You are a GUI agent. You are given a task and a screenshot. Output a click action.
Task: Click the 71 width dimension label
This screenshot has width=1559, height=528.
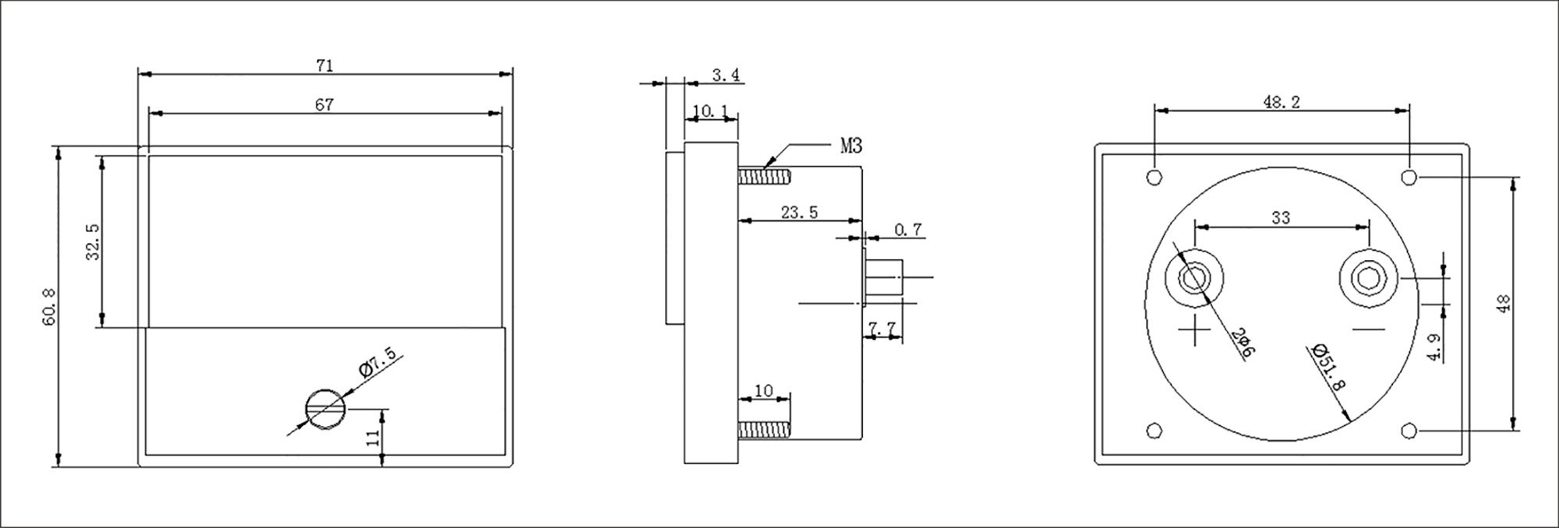coord(325,66)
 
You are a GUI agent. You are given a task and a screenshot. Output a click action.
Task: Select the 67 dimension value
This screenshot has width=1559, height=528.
coord(325,104)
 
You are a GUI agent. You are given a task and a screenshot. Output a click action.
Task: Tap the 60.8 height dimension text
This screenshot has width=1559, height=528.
coord(49,305)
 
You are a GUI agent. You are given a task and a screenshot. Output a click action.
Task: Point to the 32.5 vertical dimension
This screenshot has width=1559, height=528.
coord(94,241)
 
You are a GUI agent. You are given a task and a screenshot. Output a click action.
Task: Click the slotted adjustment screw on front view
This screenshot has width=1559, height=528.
coord(326,408)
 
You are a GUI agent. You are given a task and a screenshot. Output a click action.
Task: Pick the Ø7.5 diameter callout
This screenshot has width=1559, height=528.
coord(377,363)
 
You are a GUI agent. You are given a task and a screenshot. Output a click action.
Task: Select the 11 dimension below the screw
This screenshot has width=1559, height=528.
coord(375,437)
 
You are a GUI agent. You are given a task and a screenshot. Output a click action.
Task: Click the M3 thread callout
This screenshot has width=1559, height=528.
coord(851,146)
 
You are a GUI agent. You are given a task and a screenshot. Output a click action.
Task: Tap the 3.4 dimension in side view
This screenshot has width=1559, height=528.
coord(726,75)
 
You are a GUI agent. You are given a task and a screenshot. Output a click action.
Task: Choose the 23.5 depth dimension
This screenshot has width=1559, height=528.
coord(799,212)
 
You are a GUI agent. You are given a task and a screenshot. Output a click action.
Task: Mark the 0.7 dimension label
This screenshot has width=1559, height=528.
coord(908,230)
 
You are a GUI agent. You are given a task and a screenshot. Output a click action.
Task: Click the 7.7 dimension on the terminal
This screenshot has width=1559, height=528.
coord(882,330)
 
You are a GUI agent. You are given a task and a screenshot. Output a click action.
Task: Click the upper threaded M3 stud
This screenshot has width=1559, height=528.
coord(764,178)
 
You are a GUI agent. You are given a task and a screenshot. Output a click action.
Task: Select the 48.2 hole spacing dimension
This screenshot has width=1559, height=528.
coord(1281,102)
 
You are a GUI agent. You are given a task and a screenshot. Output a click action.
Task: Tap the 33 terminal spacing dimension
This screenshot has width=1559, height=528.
coord(1281,218)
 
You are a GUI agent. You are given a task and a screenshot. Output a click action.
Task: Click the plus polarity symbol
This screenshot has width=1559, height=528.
coord(1193,333)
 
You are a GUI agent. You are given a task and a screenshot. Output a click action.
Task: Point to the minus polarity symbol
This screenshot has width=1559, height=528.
coord(1369,330)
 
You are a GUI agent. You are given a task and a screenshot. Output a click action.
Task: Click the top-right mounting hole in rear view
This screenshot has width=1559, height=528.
coord(1409,177)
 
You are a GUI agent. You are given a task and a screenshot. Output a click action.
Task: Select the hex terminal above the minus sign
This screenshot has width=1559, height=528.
coord(1369,278)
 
